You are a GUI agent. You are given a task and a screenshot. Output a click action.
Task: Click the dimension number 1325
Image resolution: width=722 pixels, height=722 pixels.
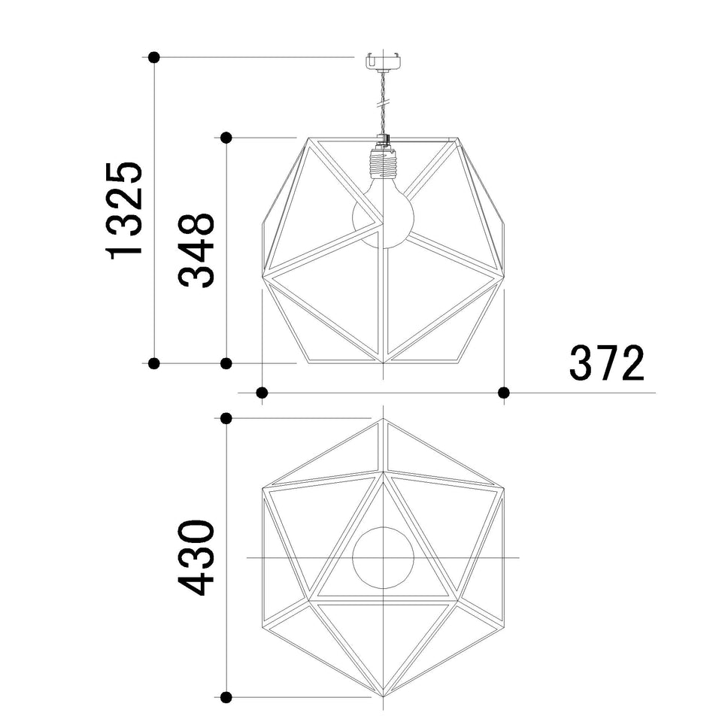[x=124, y=211]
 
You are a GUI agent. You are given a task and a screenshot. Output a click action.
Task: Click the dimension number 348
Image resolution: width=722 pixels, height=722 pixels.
[x=196, y=250]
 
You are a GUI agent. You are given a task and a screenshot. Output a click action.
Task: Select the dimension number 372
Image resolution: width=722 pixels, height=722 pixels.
[x=607, y=363]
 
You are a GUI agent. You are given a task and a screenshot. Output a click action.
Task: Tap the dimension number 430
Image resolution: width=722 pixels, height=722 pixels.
[x=196, y=557]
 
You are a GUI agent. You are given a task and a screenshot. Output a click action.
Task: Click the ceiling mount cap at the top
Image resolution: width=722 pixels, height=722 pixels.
[x=383, y=62]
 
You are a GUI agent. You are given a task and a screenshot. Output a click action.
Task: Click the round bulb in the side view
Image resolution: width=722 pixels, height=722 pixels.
[x=383, y=217]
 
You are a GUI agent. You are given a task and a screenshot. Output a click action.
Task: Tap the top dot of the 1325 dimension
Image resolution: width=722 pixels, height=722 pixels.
[x=154, y=58]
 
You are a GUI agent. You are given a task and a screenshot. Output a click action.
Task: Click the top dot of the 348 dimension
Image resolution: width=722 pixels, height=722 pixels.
[x=226, y=137]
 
